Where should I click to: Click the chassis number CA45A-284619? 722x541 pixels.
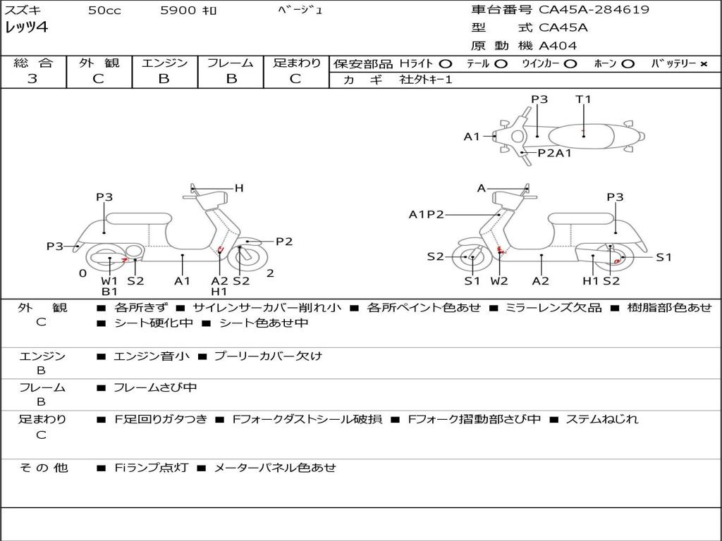(594, 9)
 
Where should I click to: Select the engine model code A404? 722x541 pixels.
(557, 46)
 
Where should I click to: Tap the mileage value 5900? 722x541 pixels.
(178, 10)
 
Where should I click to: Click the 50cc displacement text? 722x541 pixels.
(104, 10)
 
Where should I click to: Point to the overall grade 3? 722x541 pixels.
(32, 79)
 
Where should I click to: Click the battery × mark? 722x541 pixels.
(704, 64)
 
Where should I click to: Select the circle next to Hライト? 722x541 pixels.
(445, 64)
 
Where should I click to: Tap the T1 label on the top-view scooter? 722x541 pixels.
(583, 99)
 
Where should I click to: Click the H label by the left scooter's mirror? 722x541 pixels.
(239, 187)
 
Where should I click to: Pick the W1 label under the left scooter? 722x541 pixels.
(109, 280)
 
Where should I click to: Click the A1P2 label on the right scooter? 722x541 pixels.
(427, 214)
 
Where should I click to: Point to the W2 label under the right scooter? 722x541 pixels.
(499, 280)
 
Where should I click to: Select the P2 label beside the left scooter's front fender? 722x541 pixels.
(284, 242)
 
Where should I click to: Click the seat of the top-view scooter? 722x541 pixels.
(581, 136)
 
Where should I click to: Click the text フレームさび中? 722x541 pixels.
(155, 388)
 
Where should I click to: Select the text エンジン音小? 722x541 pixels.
(152, 356)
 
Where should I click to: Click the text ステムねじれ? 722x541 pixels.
(602, 419)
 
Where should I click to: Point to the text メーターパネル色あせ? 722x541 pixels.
(276, 468)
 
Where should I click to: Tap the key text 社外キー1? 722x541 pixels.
(426, 80)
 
